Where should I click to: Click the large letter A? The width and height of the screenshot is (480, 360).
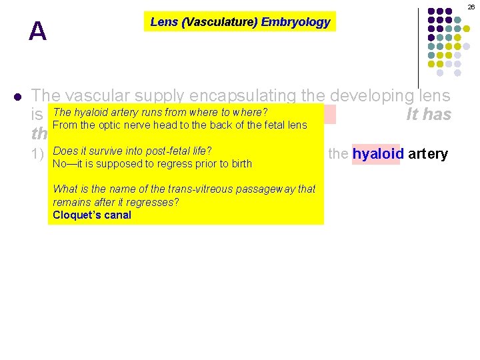(38, 31)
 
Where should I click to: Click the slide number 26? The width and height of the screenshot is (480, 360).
(471, 6)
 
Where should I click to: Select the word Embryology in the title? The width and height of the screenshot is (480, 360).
(295, 22)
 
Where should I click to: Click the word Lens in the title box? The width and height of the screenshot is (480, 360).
(163, 22)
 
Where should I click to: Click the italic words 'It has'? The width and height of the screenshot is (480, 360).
(429, 115)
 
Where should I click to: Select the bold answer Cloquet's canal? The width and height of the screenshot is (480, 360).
(92, 215)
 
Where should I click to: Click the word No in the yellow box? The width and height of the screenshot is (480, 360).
(59, 164)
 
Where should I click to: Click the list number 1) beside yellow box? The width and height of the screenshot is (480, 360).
(39, 155)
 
